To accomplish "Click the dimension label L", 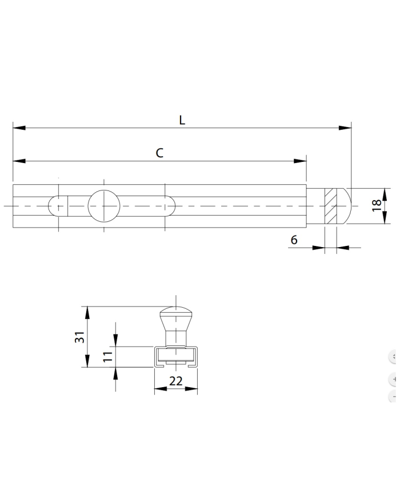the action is (182, 120).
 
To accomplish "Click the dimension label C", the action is (159, 153).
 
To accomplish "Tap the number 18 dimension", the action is (376, 205).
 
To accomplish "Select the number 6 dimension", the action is (294, 240).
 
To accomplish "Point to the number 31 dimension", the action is (79, 337).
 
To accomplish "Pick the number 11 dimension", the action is (107, 356).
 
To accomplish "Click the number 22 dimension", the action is (176, 381).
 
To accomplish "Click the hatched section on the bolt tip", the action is (331, 206).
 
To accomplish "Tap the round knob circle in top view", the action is (104, 206).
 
